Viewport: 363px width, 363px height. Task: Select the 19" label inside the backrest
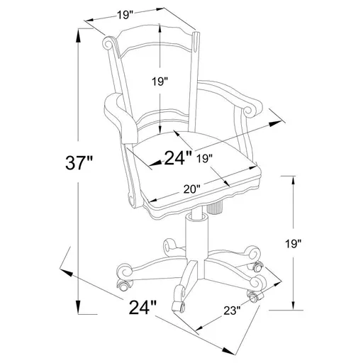[x=160, y=82]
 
